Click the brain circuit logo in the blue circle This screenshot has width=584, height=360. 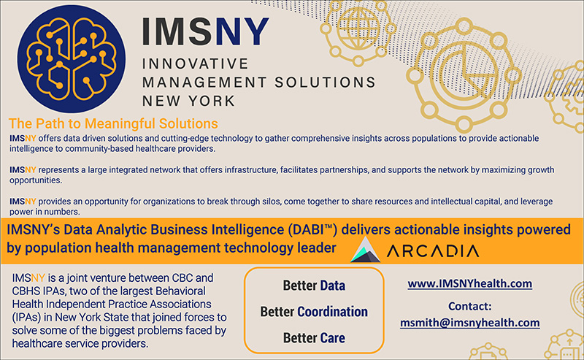(x=71, y=59)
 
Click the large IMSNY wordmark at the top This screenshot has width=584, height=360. (x=205, y=31)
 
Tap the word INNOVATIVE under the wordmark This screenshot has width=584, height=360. (x=195, y=64)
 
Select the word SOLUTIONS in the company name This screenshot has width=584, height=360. (x=325, y=82)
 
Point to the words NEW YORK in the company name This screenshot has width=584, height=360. (x=188, y=101)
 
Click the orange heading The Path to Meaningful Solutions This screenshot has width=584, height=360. (x=113, y=123)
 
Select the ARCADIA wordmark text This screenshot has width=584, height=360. (x=433, y=251)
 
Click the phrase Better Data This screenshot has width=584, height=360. (x=314, y=286)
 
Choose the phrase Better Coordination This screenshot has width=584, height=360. (x=314, y=312)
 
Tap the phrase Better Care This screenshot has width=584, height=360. (x=314, y=337)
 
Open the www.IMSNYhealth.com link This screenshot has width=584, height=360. (x=469, y=283)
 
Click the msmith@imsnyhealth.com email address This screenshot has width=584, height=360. (x=469, y=322)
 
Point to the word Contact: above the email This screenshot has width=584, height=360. (x=469, y=306)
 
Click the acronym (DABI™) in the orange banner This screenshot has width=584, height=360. (x=312, y=229)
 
